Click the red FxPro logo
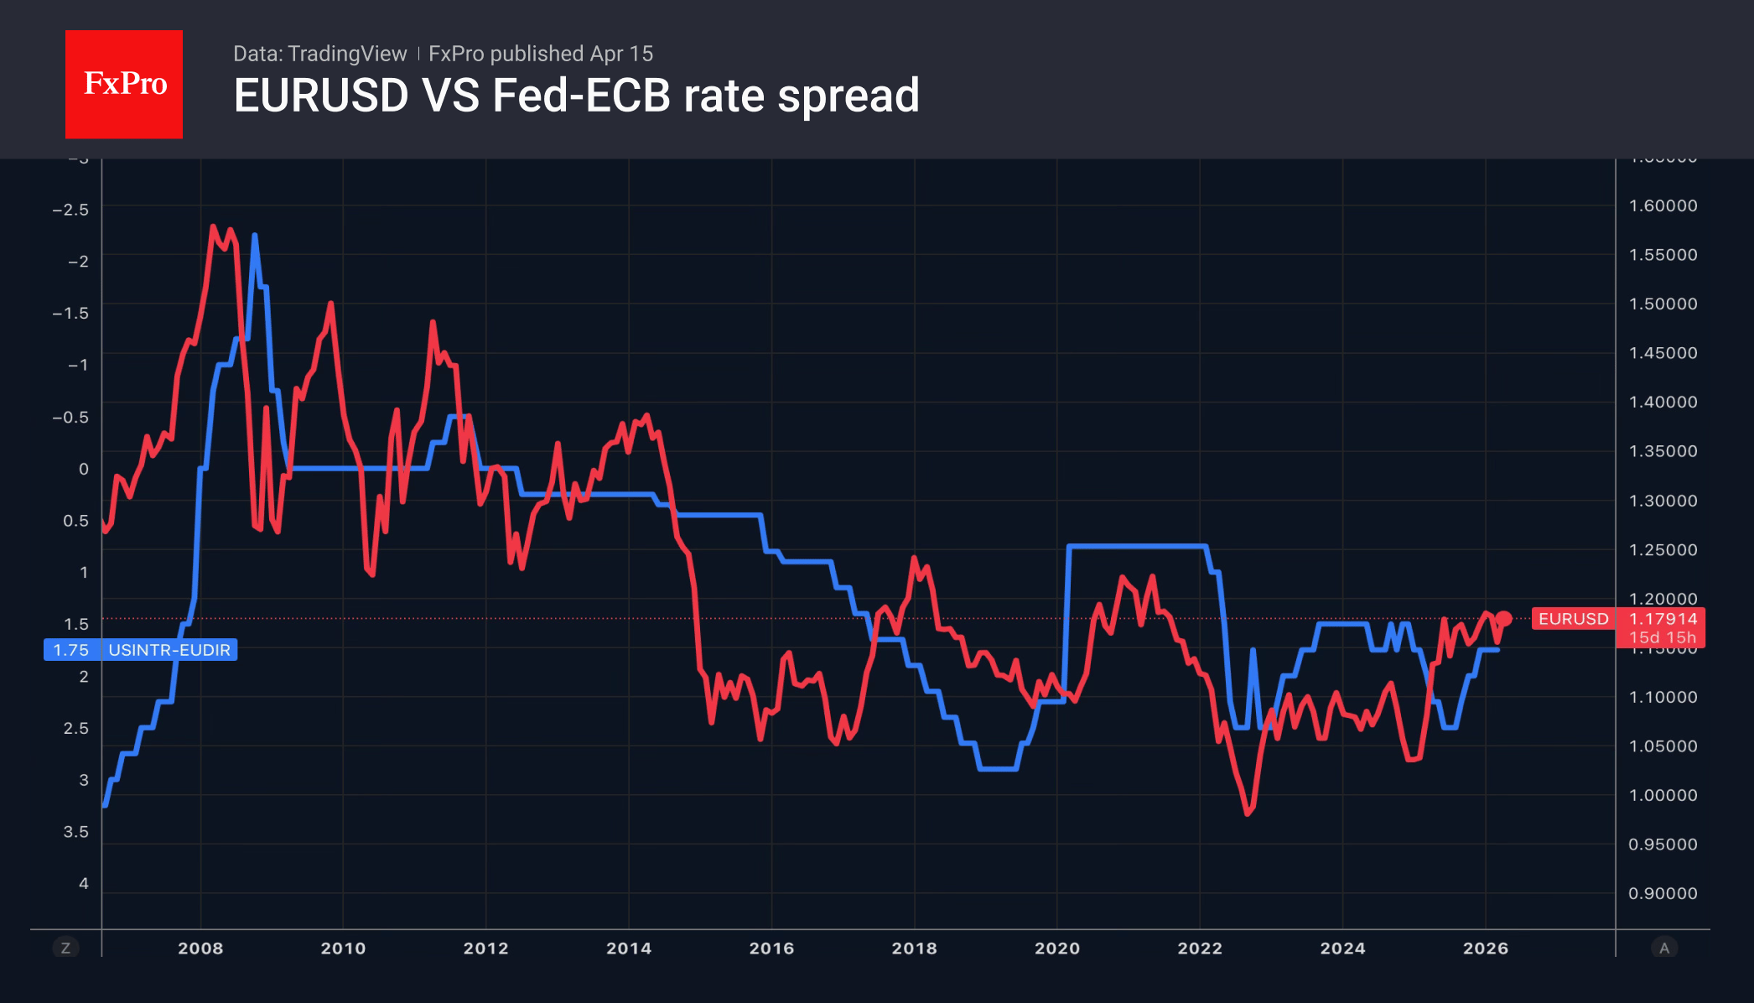tap(124, 84)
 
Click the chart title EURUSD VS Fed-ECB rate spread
tap(576, 96)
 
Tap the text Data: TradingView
tap(319, 54)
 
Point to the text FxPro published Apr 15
tap(541, 54)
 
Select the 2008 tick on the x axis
tap(200, 948)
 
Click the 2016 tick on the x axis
tap(771, 948)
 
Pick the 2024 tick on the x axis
tap(1342, 948)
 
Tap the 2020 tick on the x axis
tap(1056, 948)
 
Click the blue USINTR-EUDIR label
tap(169, 650)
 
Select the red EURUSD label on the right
tap(1573, 619)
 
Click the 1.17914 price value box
tap(1662, 619)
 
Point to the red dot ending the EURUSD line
tap(1504, 619)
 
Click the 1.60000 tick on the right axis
tap(1662, 205)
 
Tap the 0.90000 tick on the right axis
tap(1662, 893)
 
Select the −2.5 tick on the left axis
tap(70, 210)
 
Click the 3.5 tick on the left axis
tap(75, 831)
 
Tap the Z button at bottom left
tap(65, 948)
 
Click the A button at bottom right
tap(1664, 948)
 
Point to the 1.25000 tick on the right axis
tap(1662, 549)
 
